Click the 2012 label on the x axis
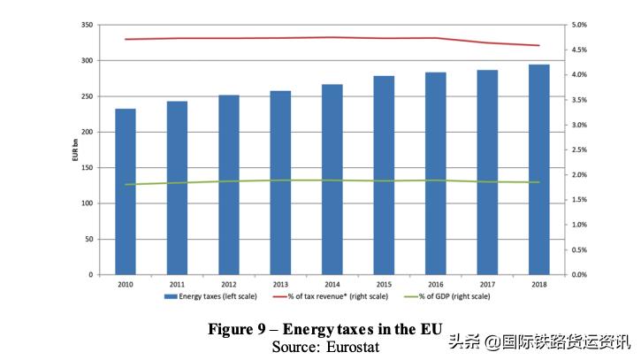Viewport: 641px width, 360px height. [x=229, y=284]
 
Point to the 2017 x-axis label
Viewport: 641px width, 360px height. [x=487, y=284]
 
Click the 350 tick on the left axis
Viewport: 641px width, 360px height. [x=86, y=25]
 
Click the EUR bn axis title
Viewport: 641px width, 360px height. [x=74, y=150]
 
